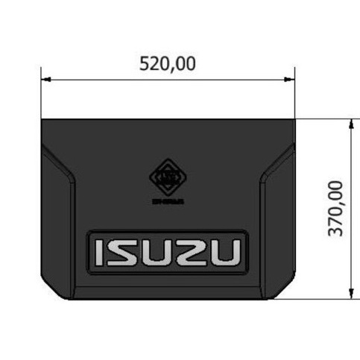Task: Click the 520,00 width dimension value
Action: pos(168,64)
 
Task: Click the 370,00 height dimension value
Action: pos(336,208)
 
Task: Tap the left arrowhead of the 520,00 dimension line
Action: pos(45,78)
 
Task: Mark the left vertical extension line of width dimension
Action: pos(42,97)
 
